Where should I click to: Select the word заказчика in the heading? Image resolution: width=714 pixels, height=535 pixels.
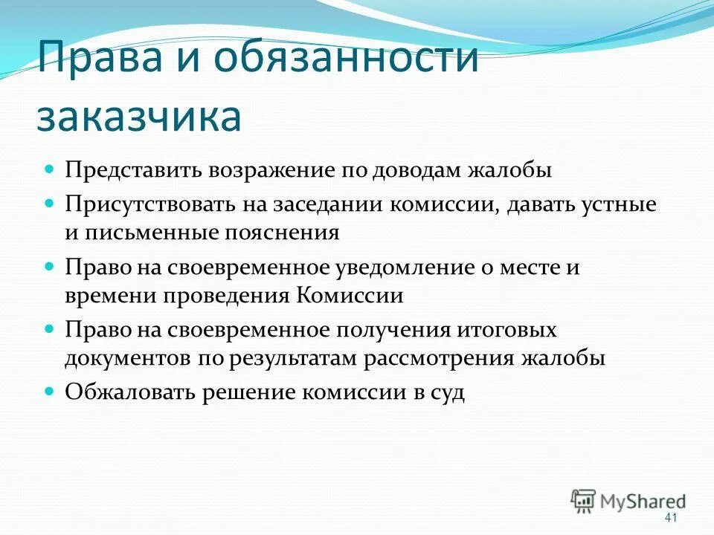point(139,117)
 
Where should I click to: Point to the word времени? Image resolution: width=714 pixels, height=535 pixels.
point(106,296)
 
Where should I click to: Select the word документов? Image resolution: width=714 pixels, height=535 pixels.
point(128,358)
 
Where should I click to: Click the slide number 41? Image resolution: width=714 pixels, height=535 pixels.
point(671,517)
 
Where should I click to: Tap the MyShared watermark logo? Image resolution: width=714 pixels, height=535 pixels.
point(628,501)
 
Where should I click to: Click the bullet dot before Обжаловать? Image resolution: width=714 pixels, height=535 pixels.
point(51,390)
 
